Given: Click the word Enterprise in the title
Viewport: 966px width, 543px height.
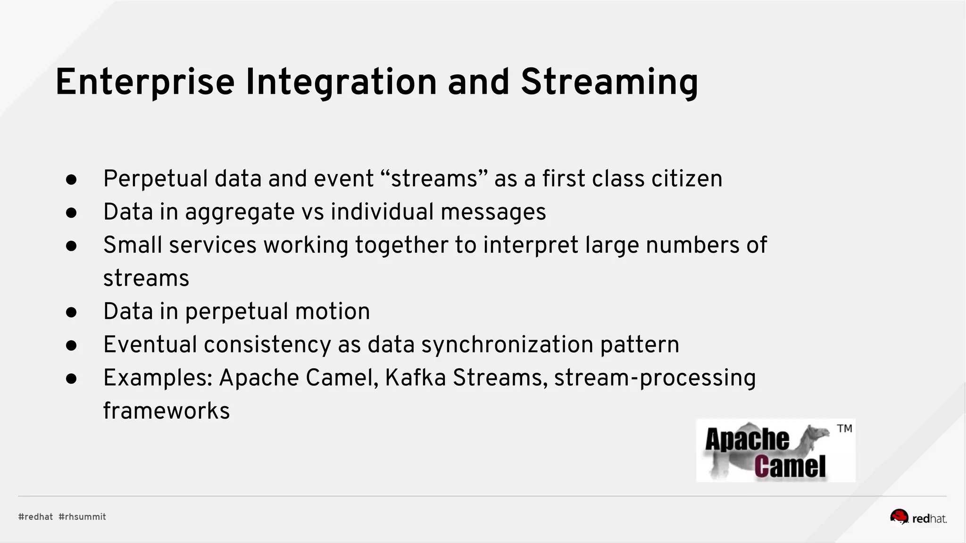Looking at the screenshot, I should tap(145, 82).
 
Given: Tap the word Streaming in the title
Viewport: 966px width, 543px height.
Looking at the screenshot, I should tap(609, 82).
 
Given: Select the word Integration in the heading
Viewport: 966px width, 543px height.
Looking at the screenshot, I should tap(341, 82).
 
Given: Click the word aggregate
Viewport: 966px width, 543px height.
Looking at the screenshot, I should tap(240, 212).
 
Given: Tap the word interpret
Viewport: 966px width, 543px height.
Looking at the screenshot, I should tap(531, 246).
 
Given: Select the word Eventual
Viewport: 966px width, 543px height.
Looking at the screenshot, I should tap(150, 345).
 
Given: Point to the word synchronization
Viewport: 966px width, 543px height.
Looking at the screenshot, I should tap(507, 345).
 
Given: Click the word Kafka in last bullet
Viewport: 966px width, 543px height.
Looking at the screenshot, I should tap(415, 378).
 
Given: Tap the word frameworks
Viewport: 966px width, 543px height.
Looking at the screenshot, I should tap(166, 411).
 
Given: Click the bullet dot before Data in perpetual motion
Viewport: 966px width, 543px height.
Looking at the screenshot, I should tap(71, 312).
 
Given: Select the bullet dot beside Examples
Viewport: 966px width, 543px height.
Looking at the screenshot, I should tap(71, 378).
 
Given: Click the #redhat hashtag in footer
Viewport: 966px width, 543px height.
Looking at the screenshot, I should tap(35, 517).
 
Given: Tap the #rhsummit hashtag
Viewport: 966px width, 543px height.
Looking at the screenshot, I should tap(82, 517).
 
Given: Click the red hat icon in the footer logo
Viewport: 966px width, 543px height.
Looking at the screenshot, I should tap(899, 517).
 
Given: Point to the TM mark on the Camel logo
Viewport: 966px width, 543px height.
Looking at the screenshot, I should tap(844, 428).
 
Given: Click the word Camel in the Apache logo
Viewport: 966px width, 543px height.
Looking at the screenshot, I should tap(790, 467).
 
